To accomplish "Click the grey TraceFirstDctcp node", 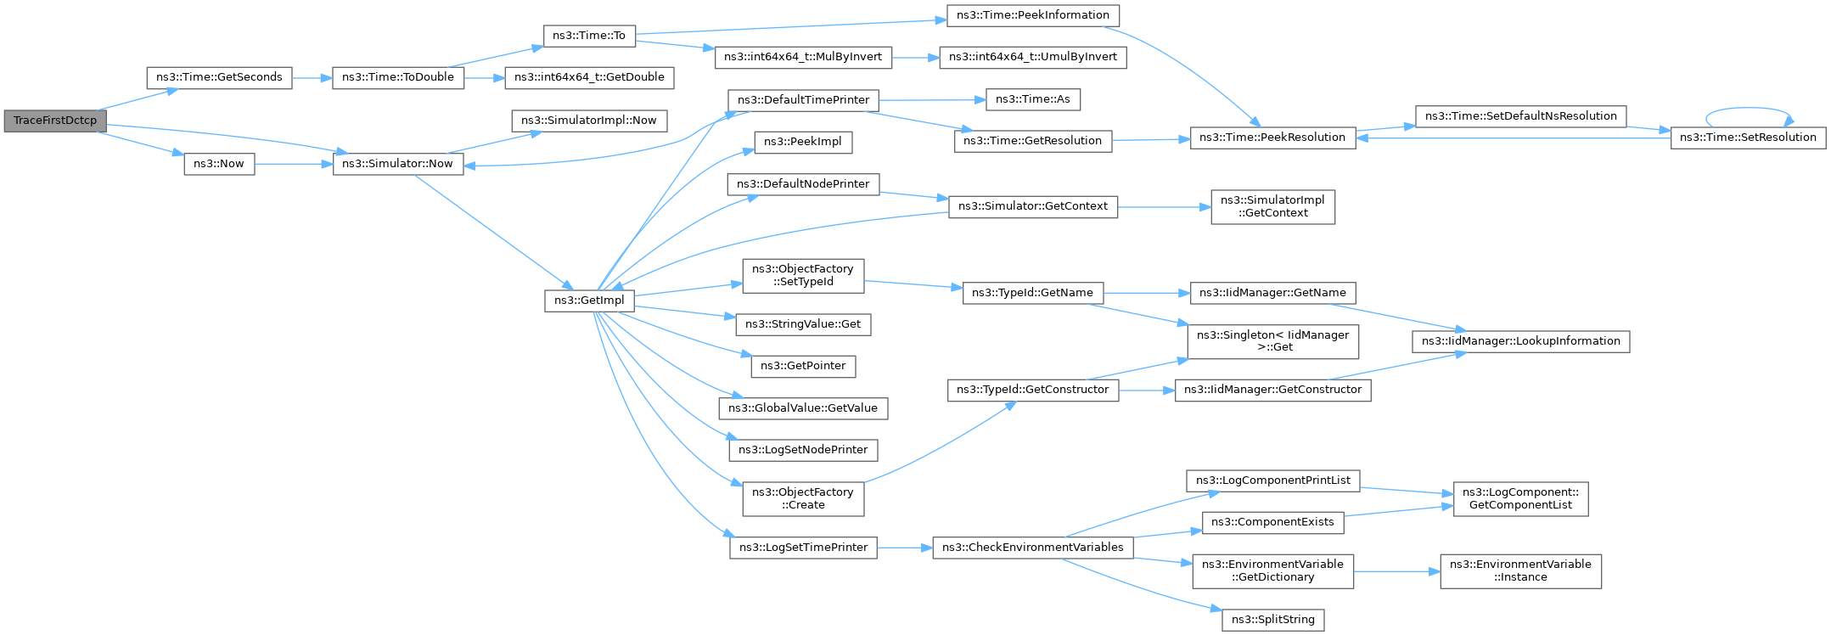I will [54, 121].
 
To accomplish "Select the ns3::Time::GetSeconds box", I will [219, 77].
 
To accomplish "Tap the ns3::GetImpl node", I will [589, 301].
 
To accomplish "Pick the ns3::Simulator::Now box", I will [398, 164].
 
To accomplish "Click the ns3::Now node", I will [219, 164].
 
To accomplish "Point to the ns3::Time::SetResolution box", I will [1748, 138].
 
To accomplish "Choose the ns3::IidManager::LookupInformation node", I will [1520, 341].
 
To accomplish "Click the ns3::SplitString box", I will [1272, 620].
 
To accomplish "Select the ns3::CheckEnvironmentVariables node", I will [1032, 548].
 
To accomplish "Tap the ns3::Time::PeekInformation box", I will [1032, 15].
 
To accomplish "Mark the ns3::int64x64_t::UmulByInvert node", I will [1032, 57].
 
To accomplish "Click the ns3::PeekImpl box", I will [802, 142].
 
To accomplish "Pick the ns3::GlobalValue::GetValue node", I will [802, 408].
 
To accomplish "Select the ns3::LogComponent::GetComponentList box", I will [1520, 498].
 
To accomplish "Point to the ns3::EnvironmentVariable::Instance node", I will [1520, 570].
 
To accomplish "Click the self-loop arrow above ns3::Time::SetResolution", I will [1748, 109].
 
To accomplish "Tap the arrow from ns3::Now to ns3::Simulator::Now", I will [293, 164].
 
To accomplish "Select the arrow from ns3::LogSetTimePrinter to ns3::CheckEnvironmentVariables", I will [904, 548].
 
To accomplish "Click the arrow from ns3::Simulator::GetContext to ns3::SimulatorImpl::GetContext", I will [1163, 206].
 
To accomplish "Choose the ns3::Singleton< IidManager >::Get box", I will [1272, 341].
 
